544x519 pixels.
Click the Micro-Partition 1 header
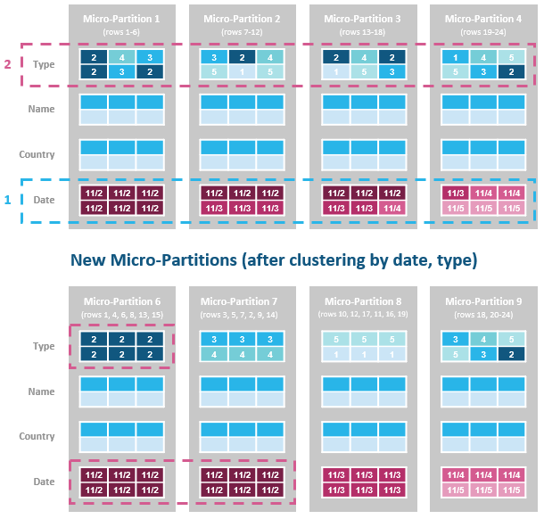pos(123,19)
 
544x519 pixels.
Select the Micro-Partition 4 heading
pos(483,19)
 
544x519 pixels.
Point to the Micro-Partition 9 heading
pos(483,301)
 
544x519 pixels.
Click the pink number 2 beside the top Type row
pos(8,64)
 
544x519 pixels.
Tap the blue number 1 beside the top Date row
pos(8,199)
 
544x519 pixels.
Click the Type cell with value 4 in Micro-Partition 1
pos(123,56)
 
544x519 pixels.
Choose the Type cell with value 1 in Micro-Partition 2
pos(243,71)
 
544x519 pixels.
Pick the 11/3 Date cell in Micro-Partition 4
pos(455,193)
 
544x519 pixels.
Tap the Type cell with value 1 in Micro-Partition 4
pos(455,56)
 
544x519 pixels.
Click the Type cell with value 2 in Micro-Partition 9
pos(512,354)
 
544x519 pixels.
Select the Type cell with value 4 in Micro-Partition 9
pos(483,339)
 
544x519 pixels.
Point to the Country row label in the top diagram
pos(37,154)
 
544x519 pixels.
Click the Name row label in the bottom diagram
pos(41,391)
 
